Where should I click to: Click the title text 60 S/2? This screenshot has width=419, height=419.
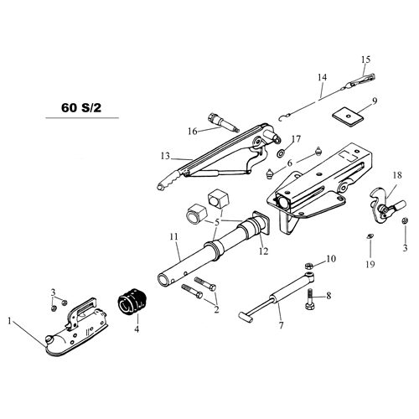[81, 108]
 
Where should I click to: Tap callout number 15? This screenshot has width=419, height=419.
[365, 59]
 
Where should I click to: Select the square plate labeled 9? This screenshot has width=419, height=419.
[348, 116]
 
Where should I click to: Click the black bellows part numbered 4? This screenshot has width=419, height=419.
[132, 303]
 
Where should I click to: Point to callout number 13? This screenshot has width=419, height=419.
[165, 156]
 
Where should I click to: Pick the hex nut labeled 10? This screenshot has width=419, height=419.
[308, 265]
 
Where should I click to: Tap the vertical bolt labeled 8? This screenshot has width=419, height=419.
[311, 299]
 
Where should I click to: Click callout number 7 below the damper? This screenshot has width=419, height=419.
[282, 325]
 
